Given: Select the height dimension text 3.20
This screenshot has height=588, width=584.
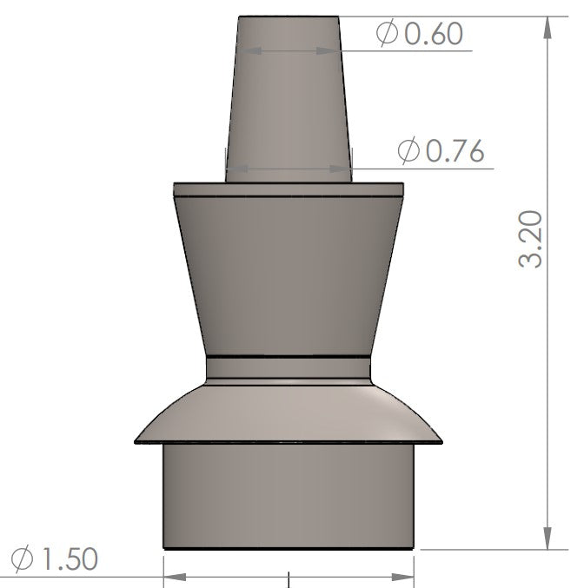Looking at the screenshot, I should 532,238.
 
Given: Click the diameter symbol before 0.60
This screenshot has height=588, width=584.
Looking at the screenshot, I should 387,34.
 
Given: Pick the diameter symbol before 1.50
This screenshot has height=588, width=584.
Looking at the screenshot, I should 24,558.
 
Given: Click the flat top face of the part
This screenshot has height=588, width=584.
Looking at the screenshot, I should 289,17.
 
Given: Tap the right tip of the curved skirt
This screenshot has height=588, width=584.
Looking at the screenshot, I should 441,443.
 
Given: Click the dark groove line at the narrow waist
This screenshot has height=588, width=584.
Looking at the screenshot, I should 289,357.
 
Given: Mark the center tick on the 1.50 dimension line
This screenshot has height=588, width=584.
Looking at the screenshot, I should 288,577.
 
